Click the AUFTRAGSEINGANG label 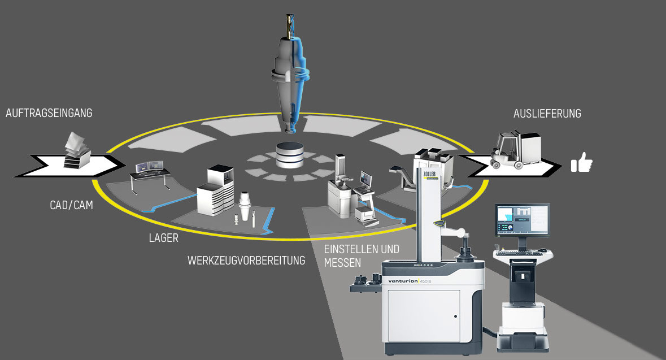click(49, 113)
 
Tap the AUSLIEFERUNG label click(547, 114)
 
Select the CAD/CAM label click(71, 206)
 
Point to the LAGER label click(163, 238)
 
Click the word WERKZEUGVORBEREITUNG click(246, 261)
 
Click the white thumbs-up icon click(581, 164)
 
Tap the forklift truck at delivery click(508, 149)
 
